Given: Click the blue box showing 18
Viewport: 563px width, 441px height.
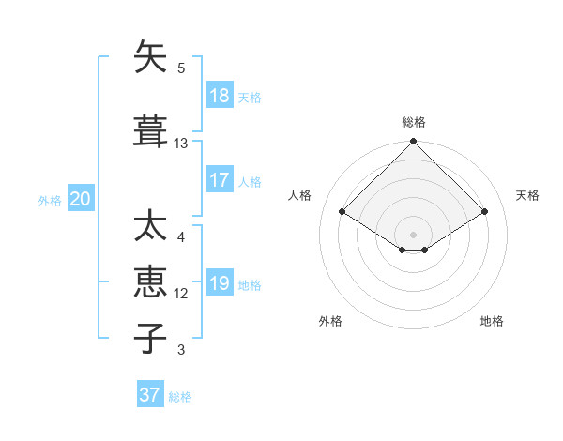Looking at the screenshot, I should [220, 96].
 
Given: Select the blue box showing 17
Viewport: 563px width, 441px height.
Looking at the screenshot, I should [220, 180].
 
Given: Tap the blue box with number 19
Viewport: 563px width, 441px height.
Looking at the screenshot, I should [220, 284].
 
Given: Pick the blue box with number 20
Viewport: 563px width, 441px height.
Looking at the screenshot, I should [80, 199].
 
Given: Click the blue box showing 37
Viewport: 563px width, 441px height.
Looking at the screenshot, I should [150, 395].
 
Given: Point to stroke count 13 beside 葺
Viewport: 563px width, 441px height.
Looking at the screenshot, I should [181, 144].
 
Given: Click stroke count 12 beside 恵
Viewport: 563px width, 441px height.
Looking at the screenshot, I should [181, 294].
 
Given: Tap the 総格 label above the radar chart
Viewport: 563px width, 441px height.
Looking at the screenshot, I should [414, 122].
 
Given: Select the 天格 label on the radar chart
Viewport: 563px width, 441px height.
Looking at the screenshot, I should [527, 195].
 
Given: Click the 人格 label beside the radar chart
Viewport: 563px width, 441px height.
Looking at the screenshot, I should [300, 195].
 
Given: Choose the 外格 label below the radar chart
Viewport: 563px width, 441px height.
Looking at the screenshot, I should [330, 321].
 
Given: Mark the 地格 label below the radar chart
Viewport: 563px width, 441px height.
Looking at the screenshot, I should [492, 321].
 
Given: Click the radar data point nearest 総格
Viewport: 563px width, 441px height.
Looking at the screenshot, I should [414, 143].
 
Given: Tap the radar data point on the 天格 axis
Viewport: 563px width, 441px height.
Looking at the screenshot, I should [485, 212].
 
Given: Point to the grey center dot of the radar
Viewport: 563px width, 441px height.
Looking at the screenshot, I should [414, 234].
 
